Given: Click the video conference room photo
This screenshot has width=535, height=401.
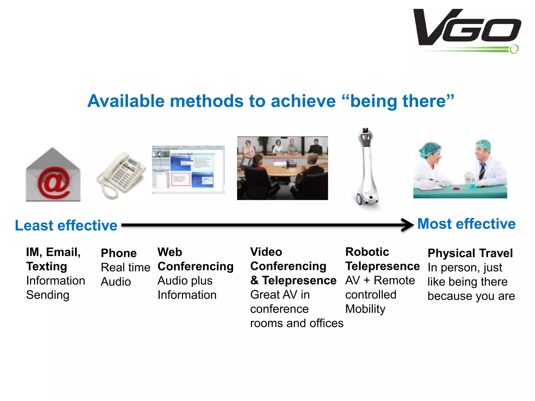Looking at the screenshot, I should (282, 168).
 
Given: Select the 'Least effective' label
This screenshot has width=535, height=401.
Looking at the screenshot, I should (66, 225).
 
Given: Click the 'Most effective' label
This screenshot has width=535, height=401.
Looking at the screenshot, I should (466, 224).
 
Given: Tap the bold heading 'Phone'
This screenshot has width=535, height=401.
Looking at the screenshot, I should (119, 253).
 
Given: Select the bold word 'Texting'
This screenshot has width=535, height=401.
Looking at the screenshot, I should (46, 267).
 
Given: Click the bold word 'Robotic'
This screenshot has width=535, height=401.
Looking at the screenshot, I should (367, 252).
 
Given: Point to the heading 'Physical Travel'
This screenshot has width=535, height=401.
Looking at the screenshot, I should (470, 253).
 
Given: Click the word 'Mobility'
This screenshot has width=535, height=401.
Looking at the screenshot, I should (365, 309).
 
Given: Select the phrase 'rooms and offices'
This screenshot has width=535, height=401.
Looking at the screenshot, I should (296, 323).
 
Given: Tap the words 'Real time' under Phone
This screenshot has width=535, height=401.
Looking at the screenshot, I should (125, 268).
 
